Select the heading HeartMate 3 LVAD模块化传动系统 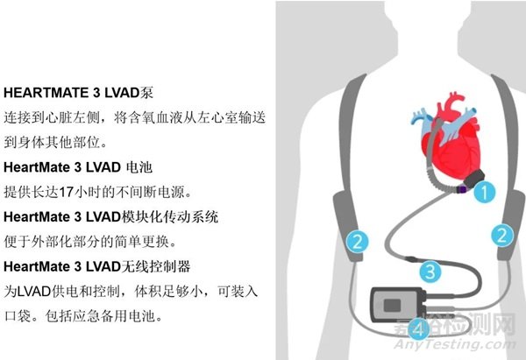pyautogui.click(x=110, y=215)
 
